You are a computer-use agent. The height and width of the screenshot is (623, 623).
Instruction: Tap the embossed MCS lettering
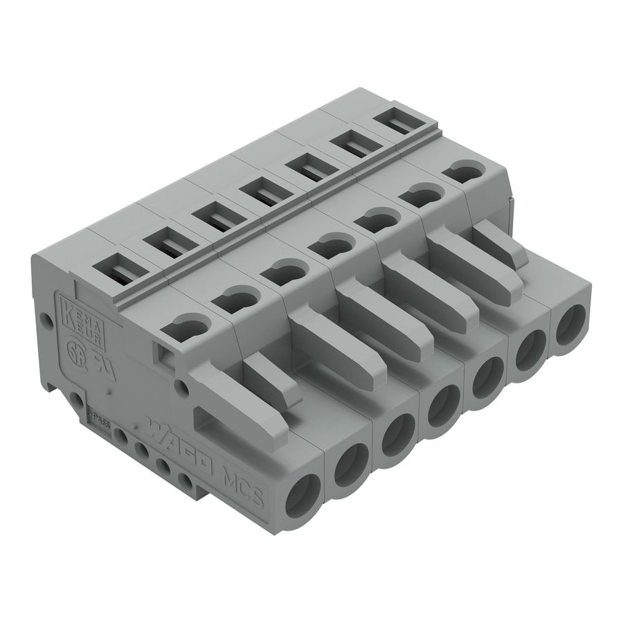(242, 485)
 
